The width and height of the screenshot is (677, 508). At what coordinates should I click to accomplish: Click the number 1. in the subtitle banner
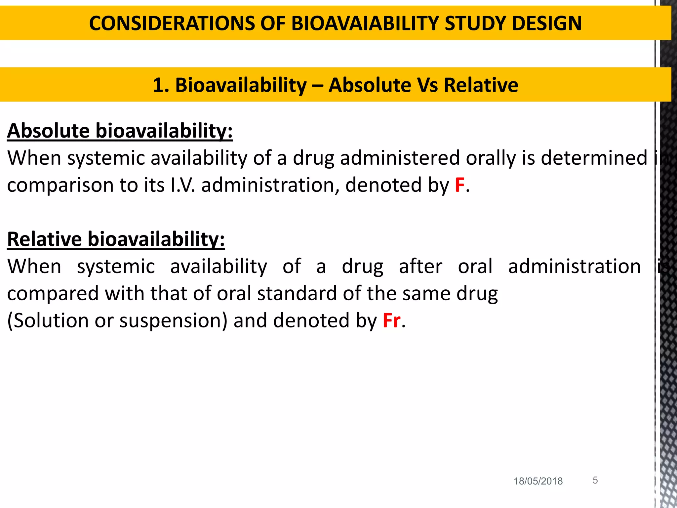[161, 85]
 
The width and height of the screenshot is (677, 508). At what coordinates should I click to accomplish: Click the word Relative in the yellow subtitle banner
[481, 85]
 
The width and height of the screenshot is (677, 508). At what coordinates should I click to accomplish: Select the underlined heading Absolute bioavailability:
[120, 131]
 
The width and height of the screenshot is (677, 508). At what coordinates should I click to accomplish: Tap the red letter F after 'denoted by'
[459, 185]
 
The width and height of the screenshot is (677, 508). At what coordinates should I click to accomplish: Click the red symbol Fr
[391, 320]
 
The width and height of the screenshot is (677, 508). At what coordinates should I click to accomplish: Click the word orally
[491, 158]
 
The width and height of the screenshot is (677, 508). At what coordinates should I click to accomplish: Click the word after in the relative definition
[420, 267]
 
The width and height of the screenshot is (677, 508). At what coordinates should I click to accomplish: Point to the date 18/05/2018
[538, 481]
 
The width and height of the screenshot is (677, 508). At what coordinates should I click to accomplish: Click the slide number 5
[595, 480]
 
